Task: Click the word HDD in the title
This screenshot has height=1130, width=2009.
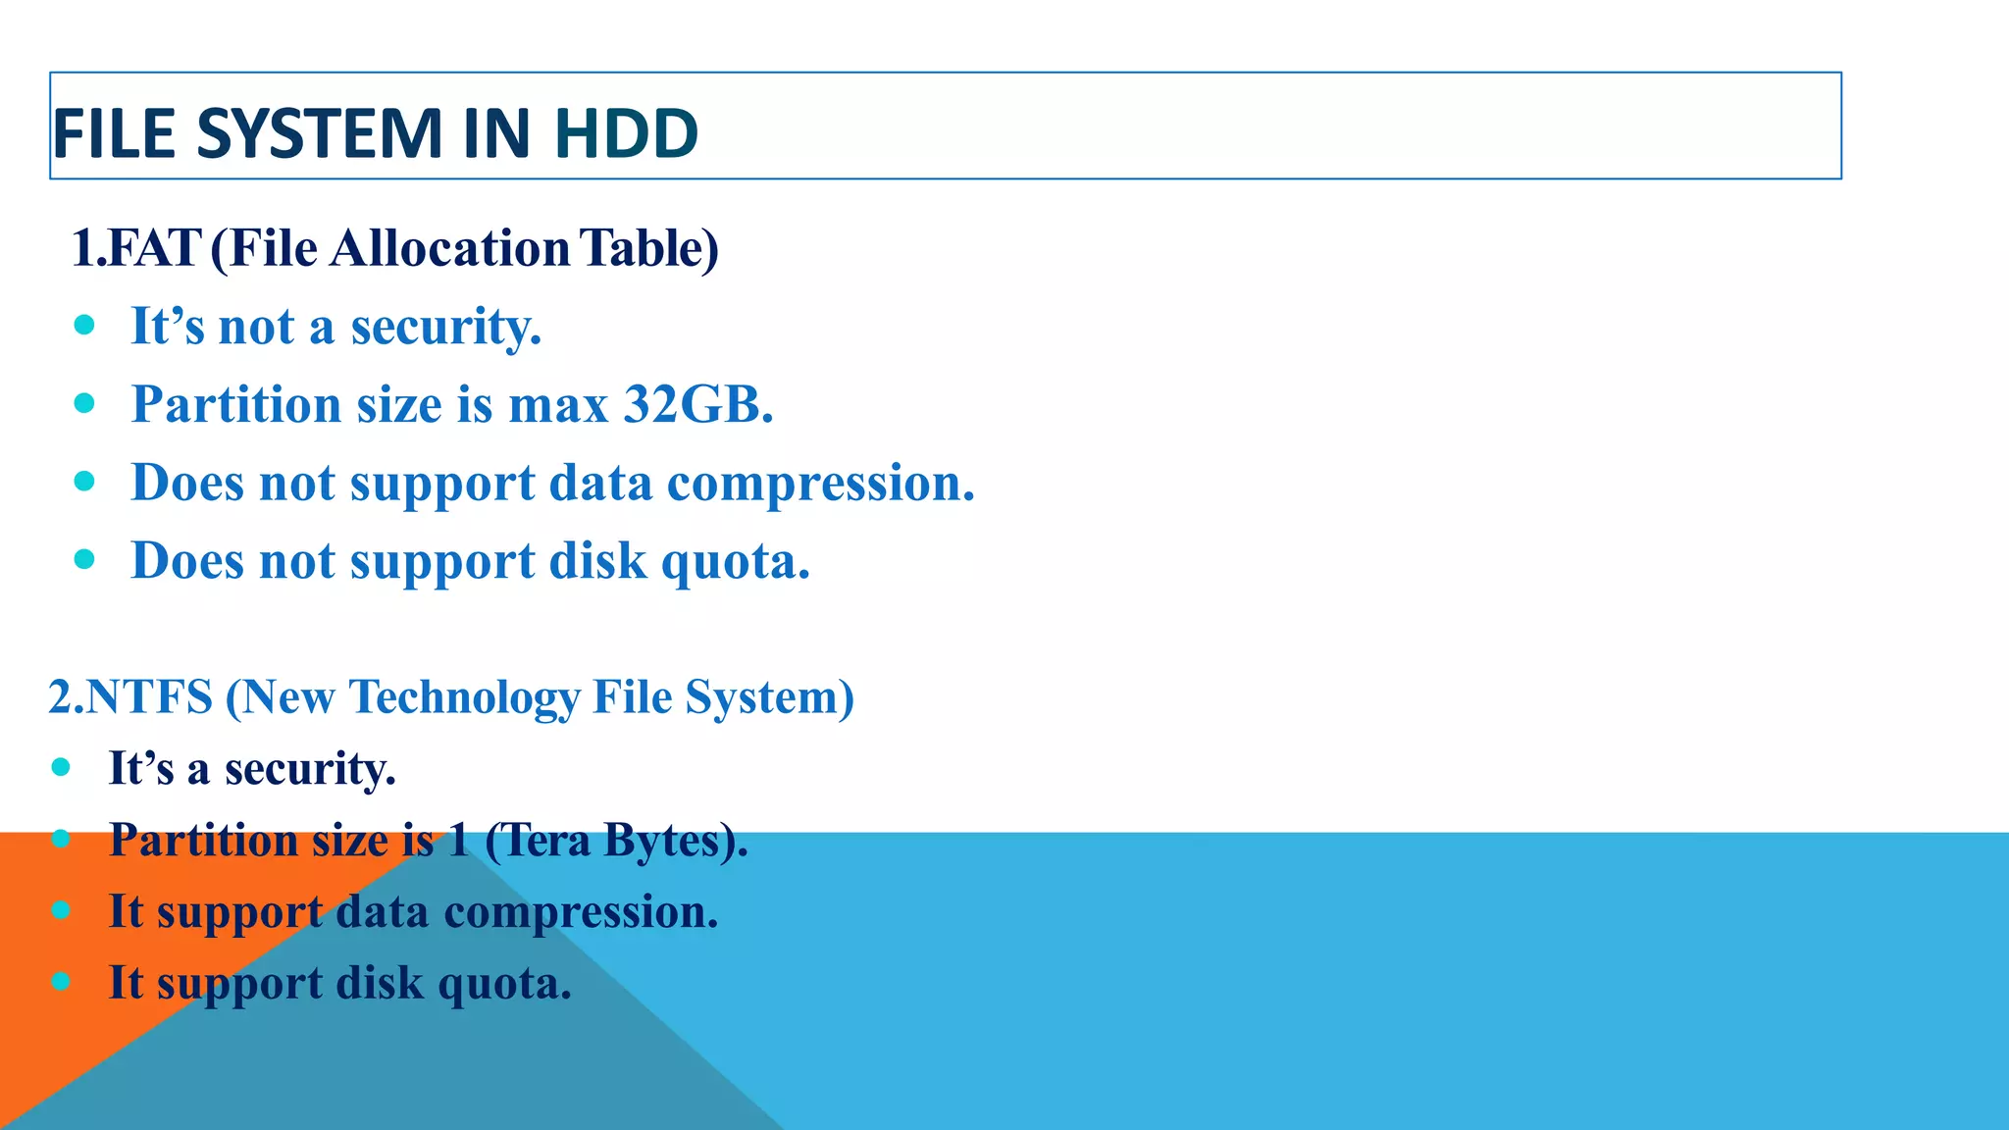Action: click(626, 133)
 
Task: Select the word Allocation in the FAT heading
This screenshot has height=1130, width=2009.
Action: click(450, 248)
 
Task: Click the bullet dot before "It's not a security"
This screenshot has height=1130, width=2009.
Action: click(84, 324)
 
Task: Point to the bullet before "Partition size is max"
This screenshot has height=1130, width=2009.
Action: click(84, 402)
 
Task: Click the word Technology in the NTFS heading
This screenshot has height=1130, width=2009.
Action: click(464, 697)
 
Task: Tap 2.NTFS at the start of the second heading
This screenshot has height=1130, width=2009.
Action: click(130, 697)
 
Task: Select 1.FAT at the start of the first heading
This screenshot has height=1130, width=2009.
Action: click(136, 248)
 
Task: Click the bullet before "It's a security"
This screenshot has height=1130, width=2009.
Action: click(61, 767)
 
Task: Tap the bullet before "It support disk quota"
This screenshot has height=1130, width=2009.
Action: click(61, 981)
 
